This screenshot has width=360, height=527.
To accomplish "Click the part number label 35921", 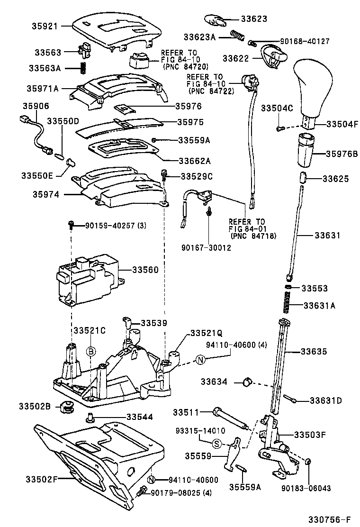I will pyautogui.click(x=44, y=27).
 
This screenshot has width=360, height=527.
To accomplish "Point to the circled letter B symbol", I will pyautogui.click(x=91, y=351).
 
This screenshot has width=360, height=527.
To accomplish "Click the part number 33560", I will pyautogui.click(x=145, y=270).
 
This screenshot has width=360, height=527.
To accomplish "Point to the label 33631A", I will pyautogui.click(x=318, y=306).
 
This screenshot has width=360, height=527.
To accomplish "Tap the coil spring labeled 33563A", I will pyautogui.click(x=83, y=68).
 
